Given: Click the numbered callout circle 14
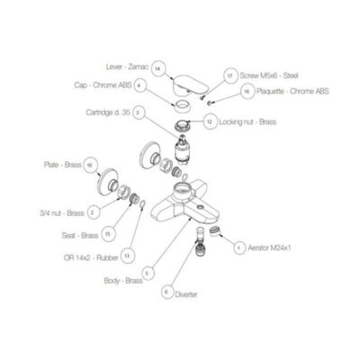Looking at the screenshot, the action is pos(158,68).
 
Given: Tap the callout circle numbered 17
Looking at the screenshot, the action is pos(229,76).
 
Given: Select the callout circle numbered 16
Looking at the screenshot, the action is pos(247,92).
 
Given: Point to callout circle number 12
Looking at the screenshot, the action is pos(210,121).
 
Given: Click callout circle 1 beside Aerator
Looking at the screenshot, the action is pos(239,248).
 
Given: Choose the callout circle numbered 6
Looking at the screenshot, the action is pos(166,292).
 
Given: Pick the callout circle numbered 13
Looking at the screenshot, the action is pos(128,256).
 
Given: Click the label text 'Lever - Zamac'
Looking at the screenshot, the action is pos(127,67).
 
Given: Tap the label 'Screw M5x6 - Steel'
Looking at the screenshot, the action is pos(269,76).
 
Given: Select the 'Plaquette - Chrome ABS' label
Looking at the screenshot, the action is pos(292,91).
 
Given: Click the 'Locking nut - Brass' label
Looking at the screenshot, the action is pos(247,122).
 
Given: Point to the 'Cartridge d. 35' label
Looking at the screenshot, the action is pos(108,112).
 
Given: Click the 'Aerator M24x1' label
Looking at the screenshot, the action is pos(269,248).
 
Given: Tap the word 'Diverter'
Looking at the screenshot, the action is pos(186,294).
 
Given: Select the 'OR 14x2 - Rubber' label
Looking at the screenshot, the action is pos(91,257).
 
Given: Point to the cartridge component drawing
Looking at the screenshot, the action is pos(183,150).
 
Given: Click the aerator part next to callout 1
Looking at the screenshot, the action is pos(215,231).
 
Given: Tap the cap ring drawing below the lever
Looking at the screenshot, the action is pos(182,106).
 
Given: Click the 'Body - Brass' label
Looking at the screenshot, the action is pos(123,281).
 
